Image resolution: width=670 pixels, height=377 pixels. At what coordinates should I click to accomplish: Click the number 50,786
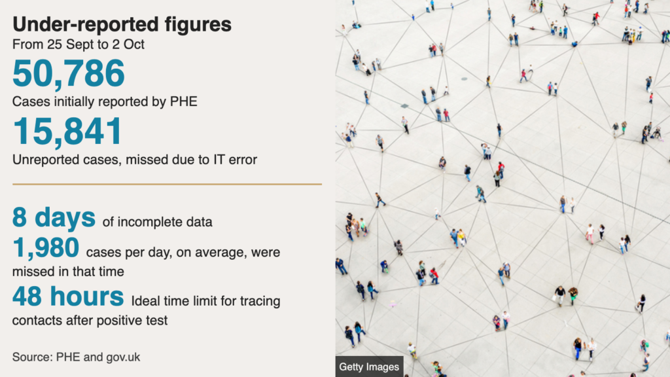point(68,73)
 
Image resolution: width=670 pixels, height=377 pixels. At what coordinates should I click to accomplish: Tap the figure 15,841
point(67,132)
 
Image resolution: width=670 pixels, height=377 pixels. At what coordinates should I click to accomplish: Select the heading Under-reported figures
point(122,24)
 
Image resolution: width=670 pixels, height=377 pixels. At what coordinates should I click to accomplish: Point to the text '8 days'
point(54,217)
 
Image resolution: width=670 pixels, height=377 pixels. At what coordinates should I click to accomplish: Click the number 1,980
point(46,247)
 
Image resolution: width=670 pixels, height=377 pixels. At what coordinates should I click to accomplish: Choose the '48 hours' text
point(68,296)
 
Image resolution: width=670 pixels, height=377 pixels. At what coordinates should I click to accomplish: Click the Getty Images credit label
point(369,367)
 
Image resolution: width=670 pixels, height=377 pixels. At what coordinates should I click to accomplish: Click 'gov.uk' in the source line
point(123,357)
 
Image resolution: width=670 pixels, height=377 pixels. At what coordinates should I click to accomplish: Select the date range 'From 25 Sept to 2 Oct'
point(79,45)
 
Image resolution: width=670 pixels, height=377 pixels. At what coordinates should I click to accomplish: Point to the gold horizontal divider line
point(167,184)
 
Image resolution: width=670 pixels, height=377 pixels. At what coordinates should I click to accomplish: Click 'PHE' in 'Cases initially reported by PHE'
point(184,101)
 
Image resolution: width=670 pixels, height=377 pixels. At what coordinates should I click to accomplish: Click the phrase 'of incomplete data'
point(157,223)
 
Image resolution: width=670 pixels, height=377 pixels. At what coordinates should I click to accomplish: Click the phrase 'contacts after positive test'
point(90,321)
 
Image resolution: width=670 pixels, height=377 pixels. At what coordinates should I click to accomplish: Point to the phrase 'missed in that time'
point(68,272)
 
